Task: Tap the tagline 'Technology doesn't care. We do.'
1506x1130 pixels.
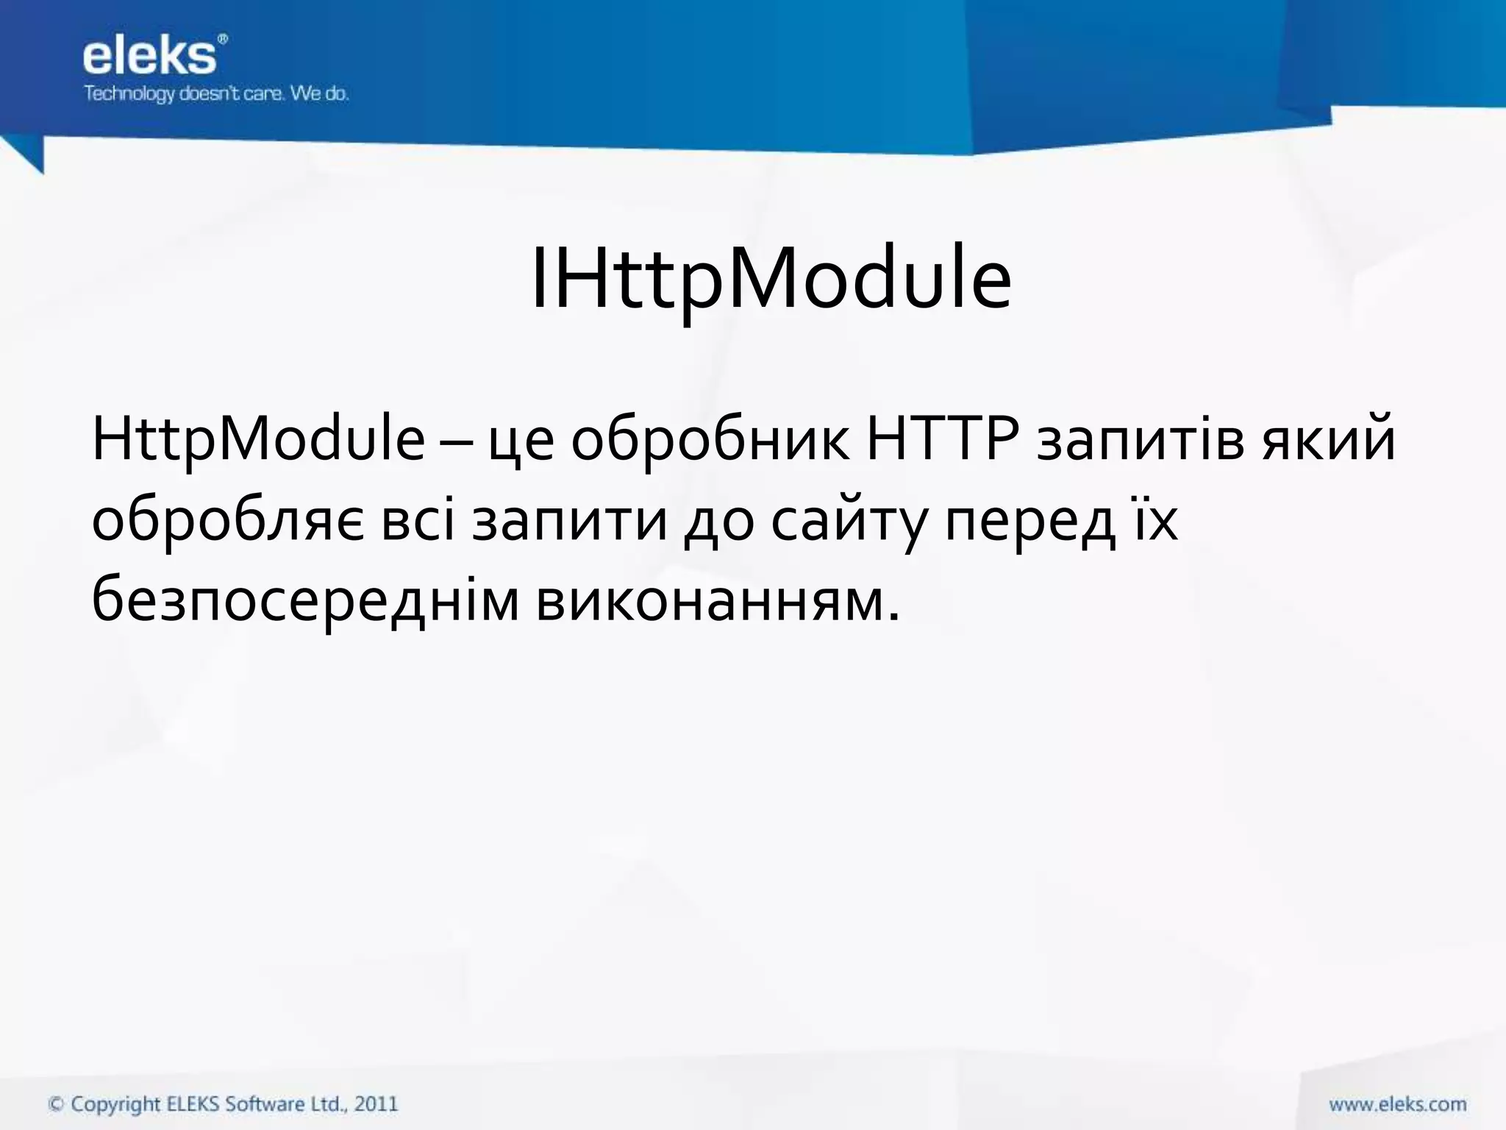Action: tap(216, 94)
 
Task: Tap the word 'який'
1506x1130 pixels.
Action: tap(1330, 440)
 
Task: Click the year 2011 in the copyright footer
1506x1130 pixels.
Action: tap(376, 1104)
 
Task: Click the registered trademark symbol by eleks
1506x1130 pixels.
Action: tap(223, 39)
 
